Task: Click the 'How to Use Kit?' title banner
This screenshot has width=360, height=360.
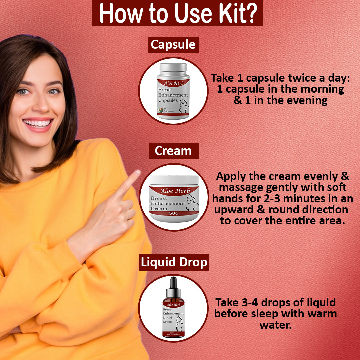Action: click(177, 13)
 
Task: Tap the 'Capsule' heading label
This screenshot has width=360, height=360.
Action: click(173, 45)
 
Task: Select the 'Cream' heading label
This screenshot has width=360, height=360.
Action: click(173, 151)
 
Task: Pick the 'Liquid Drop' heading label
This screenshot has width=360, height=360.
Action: click(174, 262)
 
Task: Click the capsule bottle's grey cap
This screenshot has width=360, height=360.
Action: click(173, 67)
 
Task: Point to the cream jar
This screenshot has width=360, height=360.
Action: click(173, 199)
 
